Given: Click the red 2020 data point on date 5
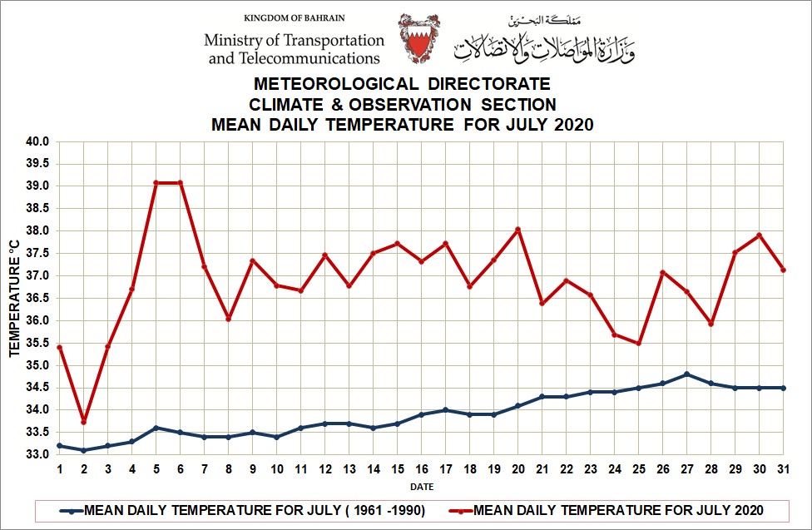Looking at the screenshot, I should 156,183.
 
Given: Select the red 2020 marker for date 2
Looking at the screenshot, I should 83,422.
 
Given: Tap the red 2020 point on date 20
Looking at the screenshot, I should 517,230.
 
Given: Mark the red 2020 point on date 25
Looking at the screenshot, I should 638,343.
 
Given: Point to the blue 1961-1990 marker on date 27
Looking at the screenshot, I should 686,374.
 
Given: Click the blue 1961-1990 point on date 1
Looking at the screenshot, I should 59,446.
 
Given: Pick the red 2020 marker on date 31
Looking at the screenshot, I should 783,270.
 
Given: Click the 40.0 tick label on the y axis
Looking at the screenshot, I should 37,141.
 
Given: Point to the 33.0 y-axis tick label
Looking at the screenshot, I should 37,454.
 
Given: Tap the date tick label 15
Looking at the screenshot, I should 397,470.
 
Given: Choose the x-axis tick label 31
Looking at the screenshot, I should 783,470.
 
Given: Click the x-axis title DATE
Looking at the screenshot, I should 421,487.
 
